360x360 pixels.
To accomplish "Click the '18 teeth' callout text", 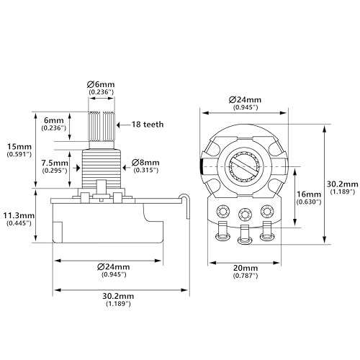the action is point(148,125).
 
